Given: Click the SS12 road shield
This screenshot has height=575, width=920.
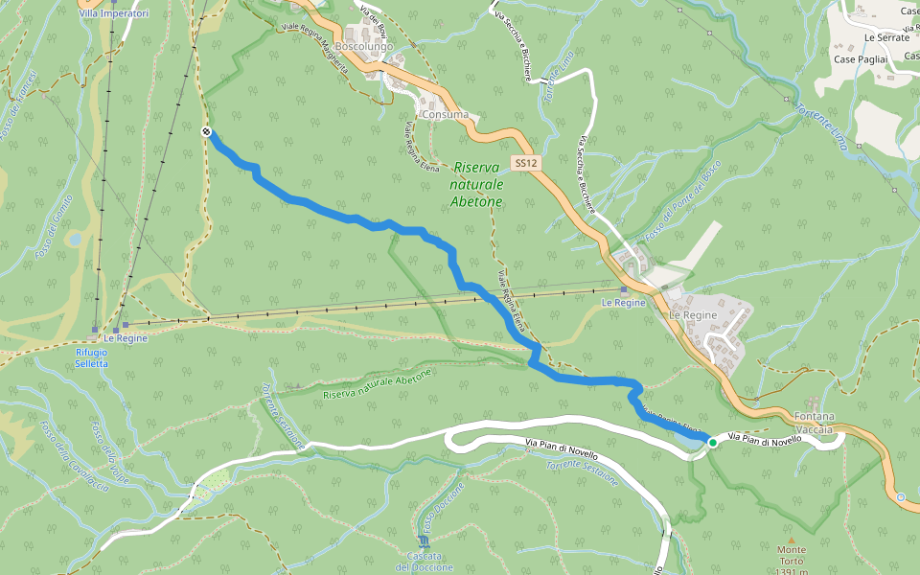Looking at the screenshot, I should coord(524,164).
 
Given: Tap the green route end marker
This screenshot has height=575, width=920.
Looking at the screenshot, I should coord(712,442).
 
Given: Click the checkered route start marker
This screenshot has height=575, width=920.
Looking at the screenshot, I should coord(207,132).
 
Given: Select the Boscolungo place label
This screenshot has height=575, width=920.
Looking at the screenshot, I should coord(364,45).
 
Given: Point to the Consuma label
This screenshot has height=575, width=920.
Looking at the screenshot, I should coord(445,115).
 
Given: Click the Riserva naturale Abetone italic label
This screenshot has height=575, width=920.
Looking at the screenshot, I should coord(477,184).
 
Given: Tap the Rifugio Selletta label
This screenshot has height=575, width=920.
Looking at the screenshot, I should coord(92,357).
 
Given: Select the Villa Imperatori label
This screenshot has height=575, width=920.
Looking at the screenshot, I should coord(114,14).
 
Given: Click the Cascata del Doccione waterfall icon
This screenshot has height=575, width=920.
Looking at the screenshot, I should coord(425,541).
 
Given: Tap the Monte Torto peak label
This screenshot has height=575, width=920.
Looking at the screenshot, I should coord(792,556).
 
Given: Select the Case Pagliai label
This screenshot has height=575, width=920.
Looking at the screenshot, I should coord(861,59).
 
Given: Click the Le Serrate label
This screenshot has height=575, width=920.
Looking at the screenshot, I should coord(886,37).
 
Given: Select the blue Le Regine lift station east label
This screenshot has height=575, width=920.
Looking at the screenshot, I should coord(623,302).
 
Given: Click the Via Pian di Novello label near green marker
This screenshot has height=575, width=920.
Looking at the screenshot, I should coord(764,438).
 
